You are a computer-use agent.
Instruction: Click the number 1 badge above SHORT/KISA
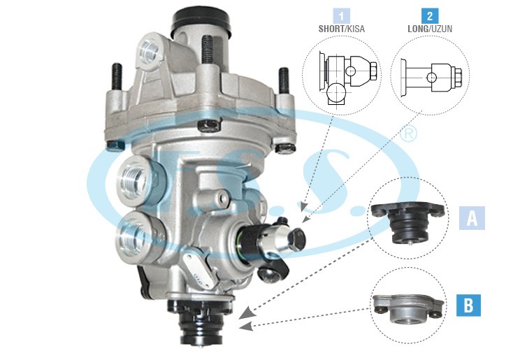click(x=342, y=16)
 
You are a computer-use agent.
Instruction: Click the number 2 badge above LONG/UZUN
click(x=430, y=16)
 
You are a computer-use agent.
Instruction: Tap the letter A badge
click(x=472, y=218)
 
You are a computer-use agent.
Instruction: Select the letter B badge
click(x=468, y=305)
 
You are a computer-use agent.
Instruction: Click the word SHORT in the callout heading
click(x=331, y=29)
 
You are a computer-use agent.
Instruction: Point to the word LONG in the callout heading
click(x=418, y=29)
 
